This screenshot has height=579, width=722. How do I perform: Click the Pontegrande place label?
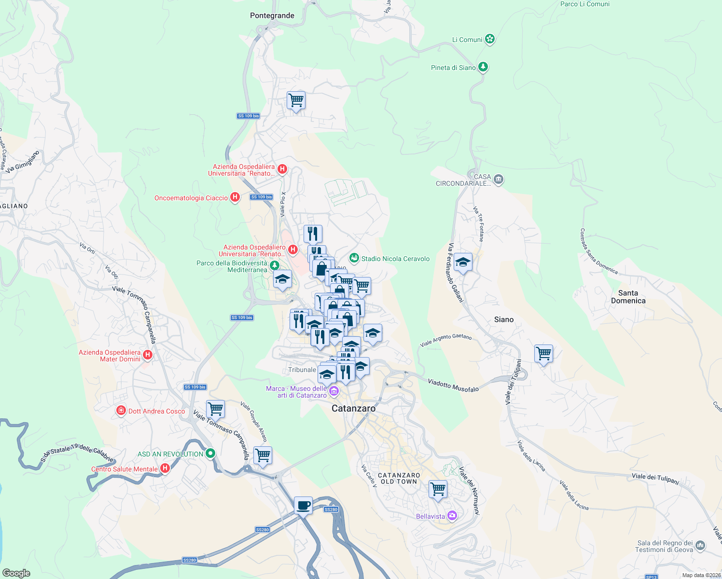[272, 15]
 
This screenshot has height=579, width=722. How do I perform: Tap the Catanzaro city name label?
[353, 408]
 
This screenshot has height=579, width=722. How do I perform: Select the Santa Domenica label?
[628, 297]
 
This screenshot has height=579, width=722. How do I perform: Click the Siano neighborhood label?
[503, 319]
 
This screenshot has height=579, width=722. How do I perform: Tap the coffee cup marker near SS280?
[303, 506]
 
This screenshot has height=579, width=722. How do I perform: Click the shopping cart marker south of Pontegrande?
[296, 100]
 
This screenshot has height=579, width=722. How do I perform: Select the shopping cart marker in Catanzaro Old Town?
[438, 489]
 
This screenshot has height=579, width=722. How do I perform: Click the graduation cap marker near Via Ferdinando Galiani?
[463, 262]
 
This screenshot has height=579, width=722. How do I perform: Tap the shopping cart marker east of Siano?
[543, 354]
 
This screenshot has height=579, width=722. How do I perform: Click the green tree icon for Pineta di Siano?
[483, 67]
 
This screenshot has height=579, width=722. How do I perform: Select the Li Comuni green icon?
[490, 39]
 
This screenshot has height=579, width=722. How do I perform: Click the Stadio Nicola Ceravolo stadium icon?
[354, 259]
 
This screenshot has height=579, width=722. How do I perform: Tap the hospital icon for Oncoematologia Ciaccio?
[235, 197]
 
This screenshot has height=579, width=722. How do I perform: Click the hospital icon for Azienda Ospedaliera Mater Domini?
[148, 355]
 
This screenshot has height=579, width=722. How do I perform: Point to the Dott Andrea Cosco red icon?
[121, 411]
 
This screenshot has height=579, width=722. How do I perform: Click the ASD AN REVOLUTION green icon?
[210, 454]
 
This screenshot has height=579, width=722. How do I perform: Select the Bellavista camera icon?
[452, 516]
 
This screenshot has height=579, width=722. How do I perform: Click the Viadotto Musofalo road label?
[453, 385]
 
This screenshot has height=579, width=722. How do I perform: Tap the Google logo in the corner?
[16, 573]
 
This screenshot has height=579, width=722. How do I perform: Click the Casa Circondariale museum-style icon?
[499, 180]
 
